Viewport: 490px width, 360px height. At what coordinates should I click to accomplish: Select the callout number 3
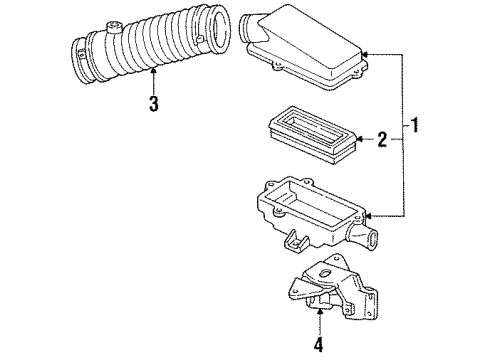(x=152, y=105)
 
